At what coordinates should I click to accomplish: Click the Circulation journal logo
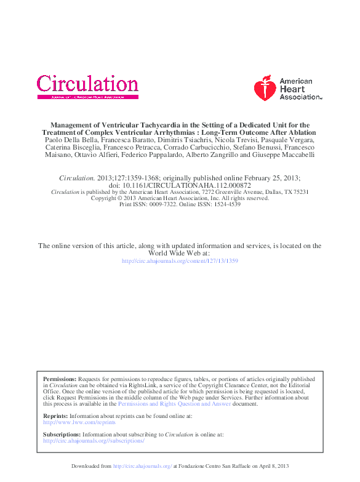click(87, 84)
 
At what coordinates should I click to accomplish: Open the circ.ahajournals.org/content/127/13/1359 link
click(180, 261)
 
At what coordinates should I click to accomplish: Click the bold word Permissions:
click(60, 379)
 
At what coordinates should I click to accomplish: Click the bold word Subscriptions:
click(62, 434)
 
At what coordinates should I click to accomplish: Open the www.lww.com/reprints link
click(79, 422)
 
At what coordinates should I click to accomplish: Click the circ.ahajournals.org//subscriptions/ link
click(94, 441)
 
